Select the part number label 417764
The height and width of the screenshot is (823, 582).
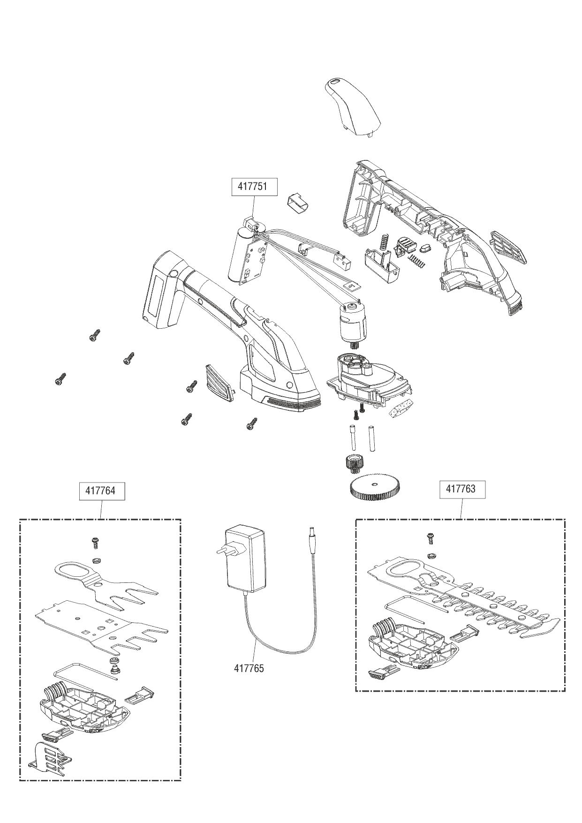[100, 491]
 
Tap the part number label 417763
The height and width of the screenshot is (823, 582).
[461, 489]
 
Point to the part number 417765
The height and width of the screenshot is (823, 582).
[249, 668]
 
